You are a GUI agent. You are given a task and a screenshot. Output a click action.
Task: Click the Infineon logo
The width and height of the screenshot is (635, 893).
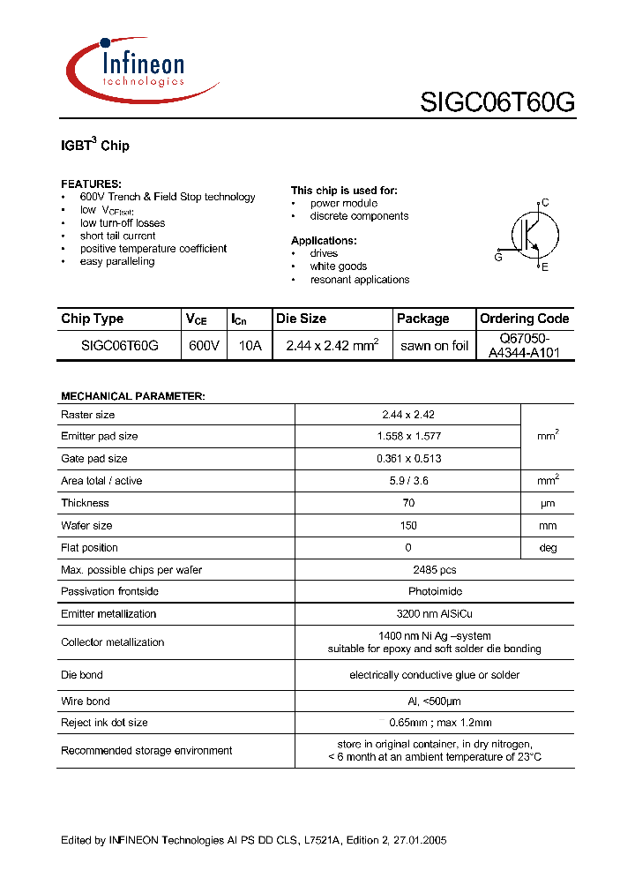(x=141, y=69)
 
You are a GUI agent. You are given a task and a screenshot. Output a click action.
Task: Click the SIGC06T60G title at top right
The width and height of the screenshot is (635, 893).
(x=497, y=103)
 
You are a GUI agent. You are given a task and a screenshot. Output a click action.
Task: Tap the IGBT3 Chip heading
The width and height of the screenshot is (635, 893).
(x=94, y=145)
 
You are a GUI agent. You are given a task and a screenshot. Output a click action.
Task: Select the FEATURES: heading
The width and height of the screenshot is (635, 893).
(x=91, y=184)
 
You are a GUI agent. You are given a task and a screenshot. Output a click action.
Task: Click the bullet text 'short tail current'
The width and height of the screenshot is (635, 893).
(x=117, y=236)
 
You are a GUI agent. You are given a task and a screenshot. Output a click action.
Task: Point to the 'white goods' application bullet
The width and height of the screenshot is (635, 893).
(x=338, y=266)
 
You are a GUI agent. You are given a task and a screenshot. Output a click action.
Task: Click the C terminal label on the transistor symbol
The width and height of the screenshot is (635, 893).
(x=545, y=203)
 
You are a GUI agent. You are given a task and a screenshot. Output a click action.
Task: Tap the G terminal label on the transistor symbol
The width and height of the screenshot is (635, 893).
(x=498, y=257)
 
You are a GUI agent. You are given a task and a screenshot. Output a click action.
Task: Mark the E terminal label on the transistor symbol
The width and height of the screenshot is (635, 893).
(x=545, y=266)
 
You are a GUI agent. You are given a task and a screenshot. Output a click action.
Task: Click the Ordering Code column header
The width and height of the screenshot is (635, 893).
(x=524, y=319)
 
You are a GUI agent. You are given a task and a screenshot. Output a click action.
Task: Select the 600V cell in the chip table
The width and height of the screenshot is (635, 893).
(x=204, y=346)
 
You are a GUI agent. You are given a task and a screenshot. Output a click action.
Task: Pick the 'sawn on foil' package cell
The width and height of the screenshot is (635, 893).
(x=434, y=346)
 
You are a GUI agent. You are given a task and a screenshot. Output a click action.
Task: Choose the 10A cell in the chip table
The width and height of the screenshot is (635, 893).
(x=250, y=346)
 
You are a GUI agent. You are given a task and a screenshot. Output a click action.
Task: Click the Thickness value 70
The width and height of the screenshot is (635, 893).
(x=408, y=503)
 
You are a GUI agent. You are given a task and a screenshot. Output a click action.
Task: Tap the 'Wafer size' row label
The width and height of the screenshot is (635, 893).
(x=86, y=526)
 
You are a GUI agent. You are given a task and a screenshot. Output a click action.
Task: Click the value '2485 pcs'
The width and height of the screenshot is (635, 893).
(x=408, y=570)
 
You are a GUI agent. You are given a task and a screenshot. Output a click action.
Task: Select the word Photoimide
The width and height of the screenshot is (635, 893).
(x=408, y=591)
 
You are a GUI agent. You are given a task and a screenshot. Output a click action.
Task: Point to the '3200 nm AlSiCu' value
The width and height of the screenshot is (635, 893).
(x=408, y=614)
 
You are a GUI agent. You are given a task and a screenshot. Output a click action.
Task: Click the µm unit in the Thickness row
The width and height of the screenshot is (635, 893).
(x=548, y=503)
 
